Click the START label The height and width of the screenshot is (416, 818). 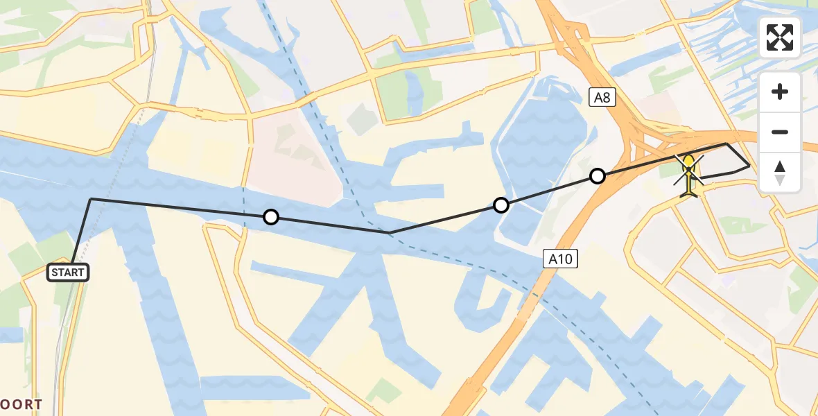[68, 272]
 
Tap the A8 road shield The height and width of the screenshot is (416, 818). [602, 98]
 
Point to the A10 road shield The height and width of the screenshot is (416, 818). [559, 259]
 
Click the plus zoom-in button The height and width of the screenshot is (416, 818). [780, 92]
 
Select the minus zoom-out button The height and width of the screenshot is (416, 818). [780, 132]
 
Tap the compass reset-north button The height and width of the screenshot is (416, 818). [780, 173]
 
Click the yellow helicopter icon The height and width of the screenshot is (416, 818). [689, 176]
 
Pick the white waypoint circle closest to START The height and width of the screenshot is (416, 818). [271, 217]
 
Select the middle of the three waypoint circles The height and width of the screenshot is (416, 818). [501, 205]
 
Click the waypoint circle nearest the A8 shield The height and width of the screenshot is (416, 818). [597, 176]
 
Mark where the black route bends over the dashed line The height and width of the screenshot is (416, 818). [390, 232]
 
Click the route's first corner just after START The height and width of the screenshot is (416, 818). [91, 199]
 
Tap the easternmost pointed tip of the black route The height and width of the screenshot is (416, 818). [749, 166]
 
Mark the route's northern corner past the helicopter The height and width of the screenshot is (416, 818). [726, 144]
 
